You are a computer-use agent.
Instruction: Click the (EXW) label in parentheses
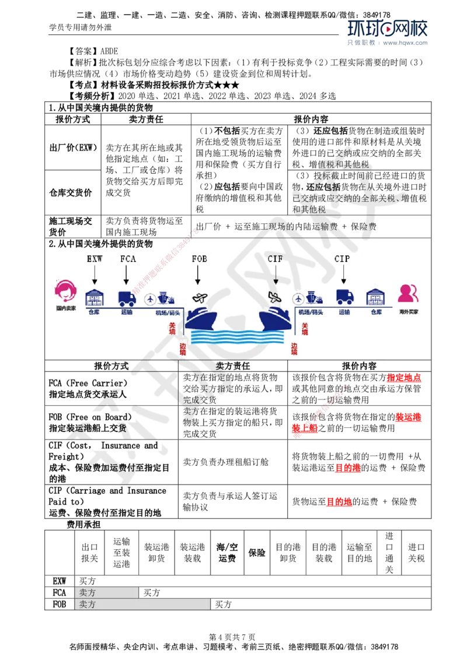click(86, 148)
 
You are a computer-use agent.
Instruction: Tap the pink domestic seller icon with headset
click(66, 292)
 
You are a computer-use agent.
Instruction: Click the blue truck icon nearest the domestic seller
click(127, 298)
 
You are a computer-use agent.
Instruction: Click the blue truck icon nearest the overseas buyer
click(344, 297)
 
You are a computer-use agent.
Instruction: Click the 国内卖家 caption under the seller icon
click(66, 308)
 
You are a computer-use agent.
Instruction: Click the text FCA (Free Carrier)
click(87, 383)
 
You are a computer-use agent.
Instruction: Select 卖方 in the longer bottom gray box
click(88, 605)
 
